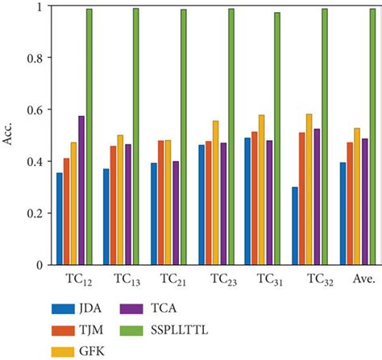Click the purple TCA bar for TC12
pos(81,191)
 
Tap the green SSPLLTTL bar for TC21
pos(183,137)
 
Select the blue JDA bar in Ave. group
pos(343,213)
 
